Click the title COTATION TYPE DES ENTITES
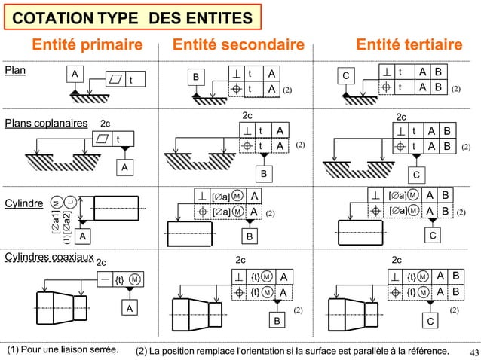[x=133, y=17]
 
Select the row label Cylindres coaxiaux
[x=49, y=258]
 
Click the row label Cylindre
[x=23, y=204]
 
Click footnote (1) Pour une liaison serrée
[x=63, y=351]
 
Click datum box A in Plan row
[x=74, y=74]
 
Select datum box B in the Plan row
[x=196, y=77]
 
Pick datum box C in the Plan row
[x=346, y=77]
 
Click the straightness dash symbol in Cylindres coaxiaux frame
[x=102, y=279]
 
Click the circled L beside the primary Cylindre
[x=69, y=203]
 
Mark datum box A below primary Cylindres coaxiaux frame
[x=129, y=308]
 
